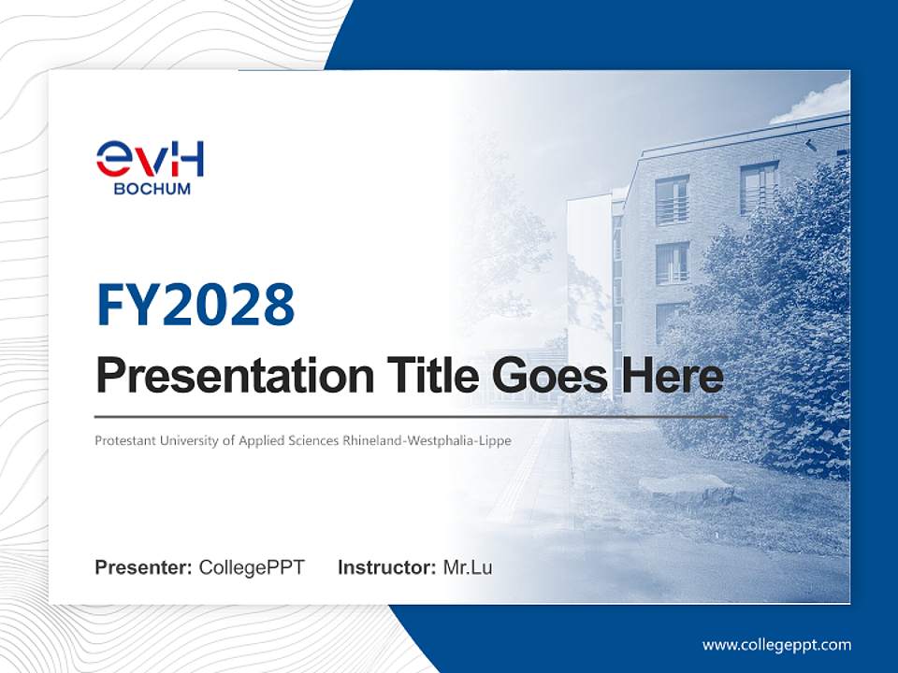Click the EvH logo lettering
[x=150, y=160]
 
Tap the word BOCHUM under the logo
[x=152, y=189]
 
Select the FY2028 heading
[x=196, y=305]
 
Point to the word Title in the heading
[x=425, y=376]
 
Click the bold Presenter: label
[x=144, y=567]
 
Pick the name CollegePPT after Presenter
[x=252, y=567]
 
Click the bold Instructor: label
[x=387, y=567]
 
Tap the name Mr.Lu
[x=468, y=567]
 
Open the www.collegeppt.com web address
[x=776, y=645]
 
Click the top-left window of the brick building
[x=672, y=200]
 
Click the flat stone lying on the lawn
[x=687, y=487]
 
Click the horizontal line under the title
[x=412, y=416]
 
